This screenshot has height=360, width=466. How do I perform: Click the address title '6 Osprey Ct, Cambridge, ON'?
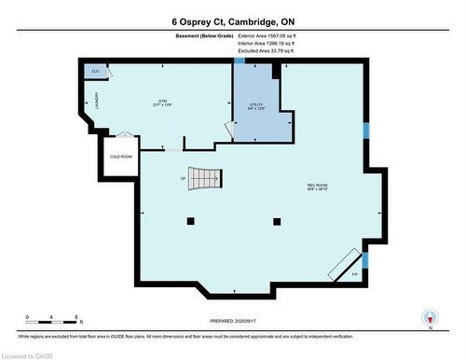pyautogui.click(x=232, y=21)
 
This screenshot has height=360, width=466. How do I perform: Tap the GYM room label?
pyautogui.click(x=162, y=104)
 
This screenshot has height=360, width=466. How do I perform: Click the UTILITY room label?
pyautogui.click(x=256, y=106)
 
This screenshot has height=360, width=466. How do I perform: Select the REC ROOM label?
pyautogui.click(x=318, y=187)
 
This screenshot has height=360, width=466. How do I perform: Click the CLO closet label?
pyautogui.click(x=96, y=71)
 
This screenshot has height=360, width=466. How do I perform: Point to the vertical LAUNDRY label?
pyautogui.click(x=96, y=101)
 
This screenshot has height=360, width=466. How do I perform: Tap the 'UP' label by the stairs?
pyautogui.click(x=184, y=178)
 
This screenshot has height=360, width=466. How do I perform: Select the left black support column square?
pyautogui.click(x=190, y=220)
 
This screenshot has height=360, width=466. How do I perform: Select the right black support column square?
pyautogui.click(x=276, y=220)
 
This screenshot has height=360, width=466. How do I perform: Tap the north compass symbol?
pyautogui.click(x=431, y=318)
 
